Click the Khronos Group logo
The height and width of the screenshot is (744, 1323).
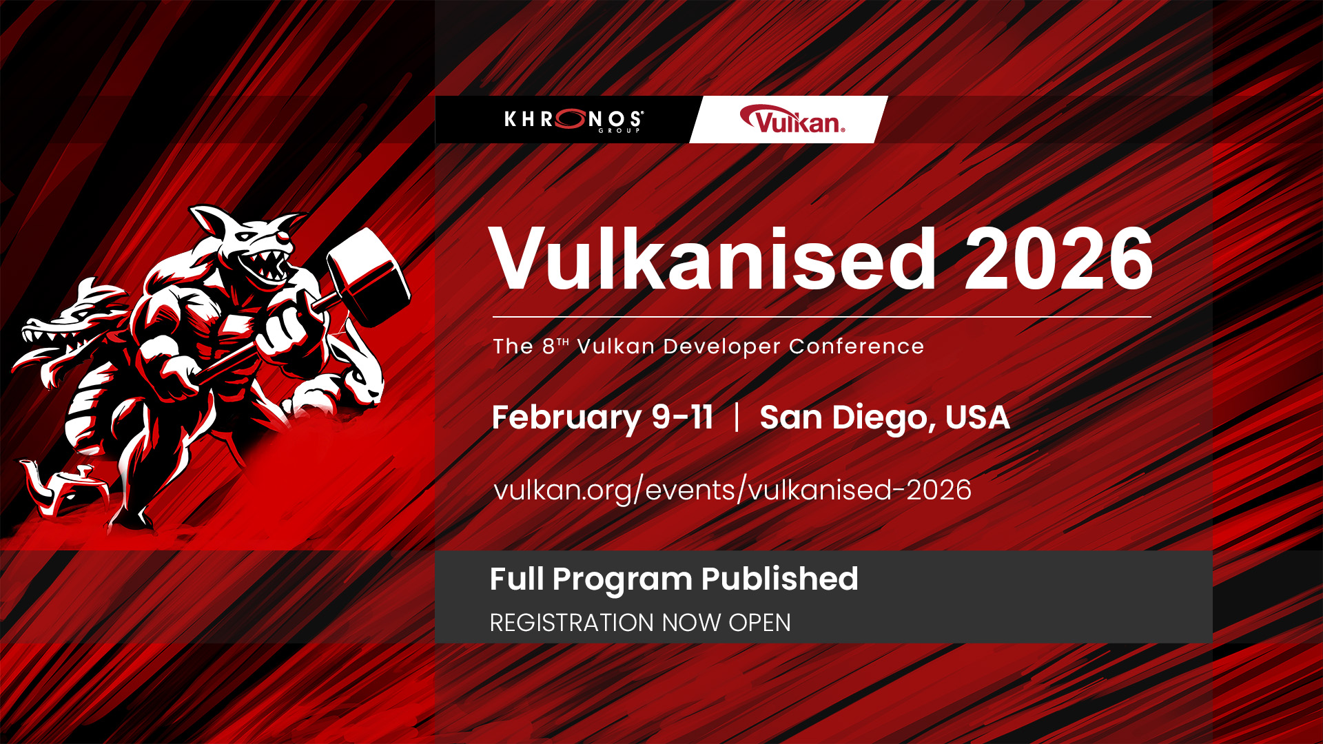[x=574, y=120]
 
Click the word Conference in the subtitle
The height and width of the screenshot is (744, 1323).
[x=857, y=347]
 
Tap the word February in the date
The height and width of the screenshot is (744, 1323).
[x=566, y=418]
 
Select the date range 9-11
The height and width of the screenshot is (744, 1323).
[x=682, y=417]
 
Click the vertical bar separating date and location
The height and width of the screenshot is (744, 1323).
[x=737, y=417]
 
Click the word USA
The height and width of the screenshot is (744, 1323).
[x=977, y=417]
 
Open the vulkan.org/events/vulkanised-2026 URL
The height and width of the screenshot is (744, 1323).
[x=732, y=490]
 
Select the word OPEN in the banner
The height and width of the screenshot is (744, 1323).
[x=759, y=623]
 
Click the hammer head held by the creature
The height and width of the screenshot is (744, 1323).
[x=368, y=277]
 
